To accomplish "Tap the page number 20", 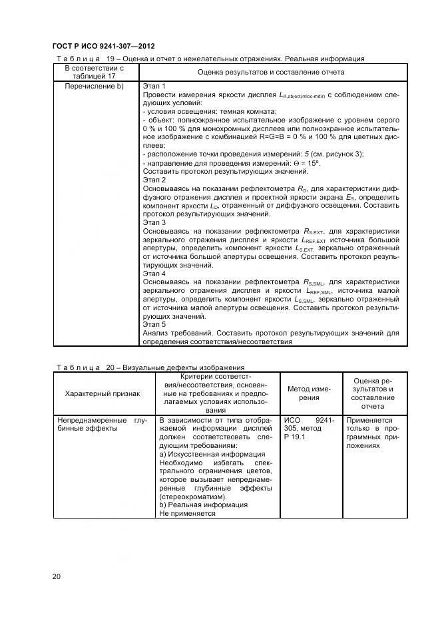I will pyautogui.click(x=57, y=576).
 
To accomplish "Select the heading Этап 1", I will pyautogui.click(x=154, y=87).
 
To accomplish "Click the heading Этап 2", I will pyautogui.click(x=154, y=180).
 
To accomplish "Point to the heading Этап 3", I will pyautogui.click(x=154, y=222).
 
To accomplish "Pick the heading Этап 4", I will pyautogui.click(x=154, y=274).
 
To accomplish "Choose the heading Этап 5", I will pyautogui.click(x=154, y=324).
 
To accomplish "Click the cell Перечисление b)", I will pyautogui.click(x=94, y=87).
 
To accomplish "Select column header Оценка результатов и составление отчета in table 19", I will pyautogui.click(x=271, y=72).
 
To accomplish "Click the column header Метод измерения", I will pyautogui.click(x=308, y=393).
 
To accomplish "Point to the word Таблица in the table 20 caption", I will pyautogui.click(x=78, y=367).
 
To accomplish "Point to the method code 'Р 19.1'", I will pyautogui.click(x=295, y=437).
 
